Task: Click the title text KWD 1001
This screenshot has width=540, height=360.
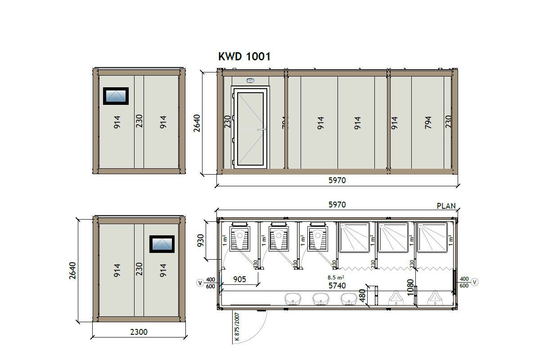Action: (x=244, y=56)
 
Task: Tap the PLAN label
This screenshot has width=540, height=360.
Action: (x=446, y=206)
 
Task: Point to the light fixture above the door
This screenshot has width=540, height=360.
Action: (x=250, y=81)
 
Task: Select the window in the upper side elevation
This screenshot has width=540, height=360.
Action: (x=116, y=95)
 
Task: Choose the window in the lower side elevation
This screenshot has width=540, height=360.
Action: (x=162, y=243)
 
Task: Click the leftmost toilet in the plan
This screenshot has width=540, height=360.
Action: (x=239, y=238)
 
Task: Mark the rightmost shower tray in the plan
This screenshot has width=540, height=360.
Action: (x=435, y=237)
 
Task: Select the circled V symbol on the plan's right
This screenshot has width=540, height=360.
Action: (x=474, y=282)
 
